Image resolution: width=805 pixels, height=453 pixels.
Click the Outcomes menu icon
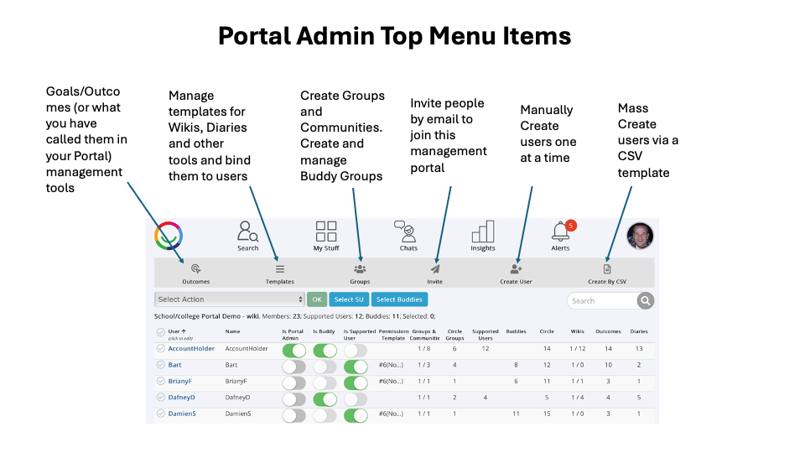[x=195, y=269]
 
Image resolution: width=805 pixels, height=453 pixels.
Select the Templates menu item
[x=280, y=269]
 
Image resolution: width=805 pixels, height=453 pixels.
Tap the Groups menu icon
[x=360, y=269]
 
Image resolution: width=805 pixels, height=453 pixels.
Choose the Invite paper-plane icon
[x=434, y=269]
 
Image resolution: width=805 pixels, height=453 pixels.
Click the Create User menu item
[x=516, y=269]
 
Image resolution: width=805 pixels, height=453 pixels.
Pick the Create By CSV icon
[x=607, y=269]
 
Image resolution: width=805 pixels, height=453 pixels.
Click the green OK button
[x=316, y=299]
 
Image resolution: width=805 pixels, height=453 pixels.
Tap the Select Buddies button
[x=399, y=299]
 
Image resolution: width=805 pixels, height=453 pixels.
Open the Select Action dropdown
[x=230, y=299]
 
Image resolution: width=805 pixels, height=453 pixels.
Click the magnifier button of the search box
[x=645, y=300]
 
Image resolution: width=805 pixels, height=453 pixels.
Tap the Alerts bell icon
[x=560, y=232]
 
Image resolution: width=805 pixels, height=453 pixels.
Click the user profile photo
[x=640, y=236]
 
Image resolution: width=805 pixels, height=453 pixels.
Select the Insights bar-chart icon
[x=483, y=231]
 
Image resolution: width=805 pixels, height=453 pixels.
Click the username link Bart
[x=174, y=365]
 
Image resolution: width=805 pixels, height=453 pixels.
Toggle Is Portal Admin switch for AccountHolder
[x=293, y=350]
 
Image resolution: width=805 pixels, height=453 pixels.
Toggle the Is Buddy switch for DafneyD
[x=325, y=398]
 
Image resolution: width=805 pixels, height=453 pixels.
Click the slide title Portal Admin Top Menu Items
[x=394, y=36]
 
